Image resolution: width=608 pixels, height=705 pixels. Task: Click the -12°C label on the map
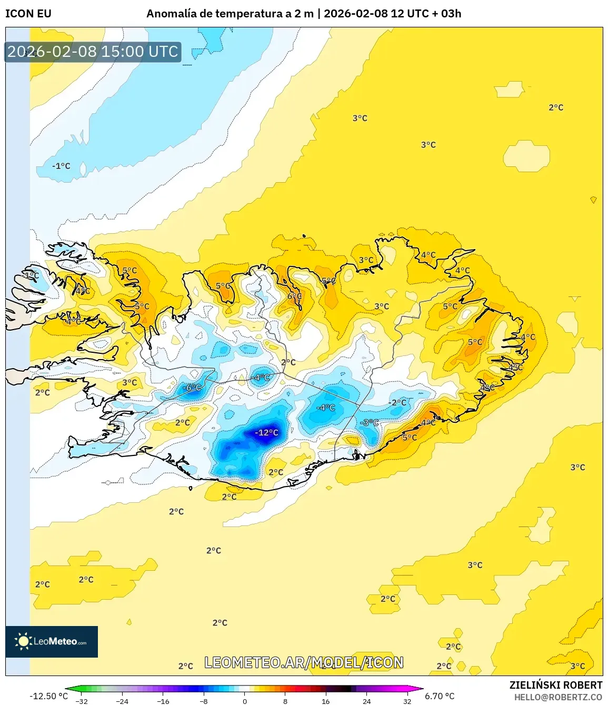click(x=266, y=433)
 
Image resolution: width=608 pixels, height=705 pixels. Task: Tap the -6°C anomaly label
click(x=192, y=388)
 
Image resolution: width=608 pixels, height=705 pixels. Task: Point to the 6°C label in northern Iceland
click(x=295, y=296)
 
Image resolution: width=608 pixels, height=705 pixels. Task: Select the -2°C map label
click(x=398, y=403)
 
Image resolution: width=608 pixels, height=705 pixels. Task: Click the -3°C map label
click(x=370, y=423)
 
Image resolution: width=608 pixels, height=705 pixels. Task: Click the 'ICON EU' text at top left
click(x=28, y=14)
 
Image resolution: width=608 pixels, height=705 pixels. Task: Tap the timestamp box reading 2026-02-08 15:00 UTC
click(x=93, y=52)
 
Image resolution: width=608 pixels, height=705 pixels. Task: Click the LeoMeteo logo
click(x=52, y=641)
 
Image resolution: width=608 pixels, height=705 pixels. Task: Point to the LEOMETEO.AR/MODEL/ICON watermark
click(x=304, y=662)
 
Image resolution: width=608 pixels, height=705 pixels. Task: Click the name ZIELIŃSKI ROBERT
click(x=556, y=685)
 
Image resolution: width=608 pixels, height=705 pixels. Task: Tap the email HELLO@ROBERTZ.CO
click(x=558, y=697)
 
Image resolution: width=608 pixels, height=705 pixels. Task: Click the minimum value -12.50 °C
click(x=48, y=696)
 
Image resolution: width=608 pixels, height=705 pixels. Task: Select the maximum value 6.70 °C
click(x=440, y=696)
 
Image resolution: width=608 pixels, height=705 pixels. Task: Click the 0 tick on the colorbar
click(x=245, y=701)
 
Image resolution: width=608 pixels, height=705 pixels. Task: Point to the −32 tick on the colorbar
click(x=82, y=701)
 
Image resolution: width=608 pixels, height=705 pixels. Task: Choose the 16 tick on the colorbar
click(x=326, y=701)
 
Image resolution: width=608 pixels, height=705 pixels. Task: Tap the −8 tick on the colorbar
click(x=204, y=701)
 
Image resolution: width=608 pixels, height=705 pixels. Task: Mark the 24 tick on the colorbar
click(x=366, y=701)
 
